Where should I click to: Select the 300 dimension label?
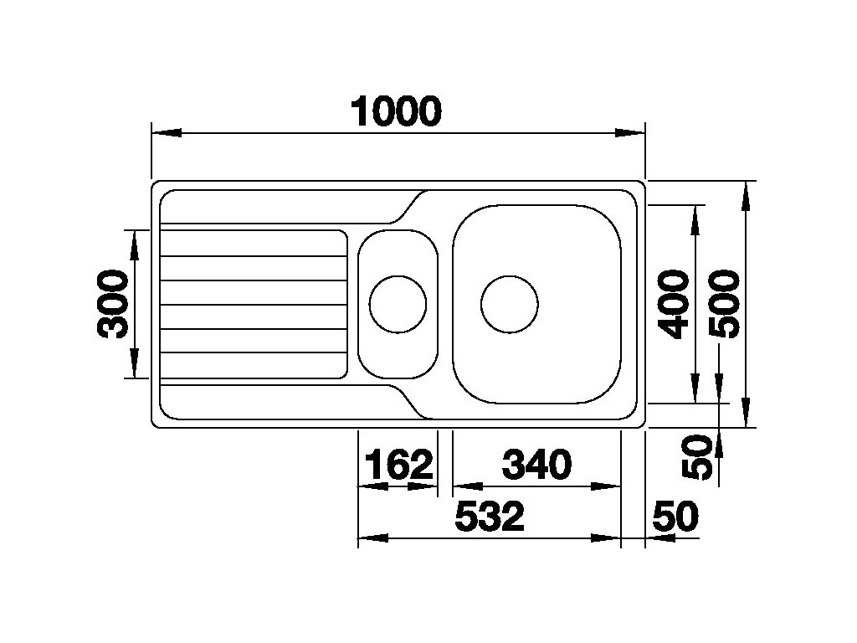[113, 303]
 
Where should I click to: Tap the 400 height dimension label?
[674, 303]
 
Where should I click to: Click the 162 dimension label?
[398, 465]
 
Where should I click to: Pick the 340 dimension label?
[536, 465]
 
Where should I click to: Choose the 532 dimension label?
[490, 517]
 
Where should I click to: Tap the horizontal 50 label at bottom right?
[674, 517]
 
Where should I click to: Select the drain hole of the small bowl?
[398, 303]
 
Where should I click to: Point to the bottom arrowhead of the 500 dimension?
[747, 414]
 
